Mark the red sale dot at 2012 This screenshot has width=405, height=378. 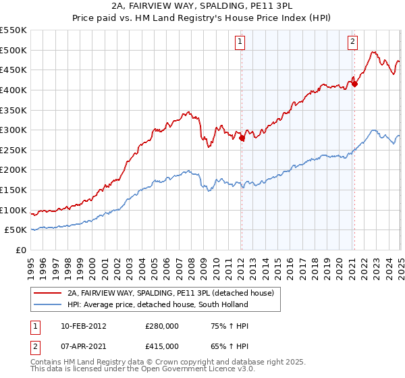click(242, 138)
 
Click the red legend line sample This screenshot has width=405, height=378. click(48, 294)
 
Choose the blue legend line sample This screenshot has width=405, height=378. click(48, 304)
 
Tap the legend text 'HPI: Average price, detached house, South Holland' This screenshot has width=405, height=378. click(158, 304)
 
